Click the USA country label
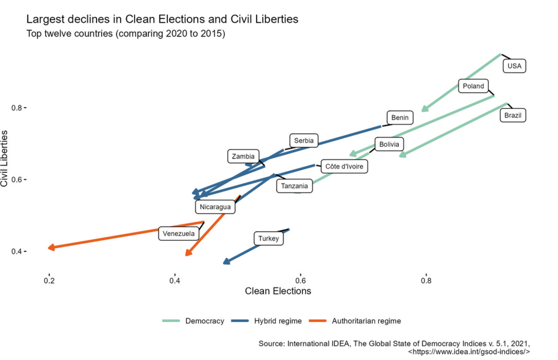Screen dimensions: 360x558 pos(514,66)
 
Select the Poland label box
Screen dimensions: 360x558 pos(474,86)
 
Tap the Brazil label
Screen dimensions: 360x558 pos(513,116)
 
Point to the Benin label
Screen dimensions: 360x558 pos(400,117)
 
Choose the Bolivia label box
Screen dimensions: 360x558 pos(389,145)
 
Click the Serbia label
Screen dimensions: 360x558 pos(304,141)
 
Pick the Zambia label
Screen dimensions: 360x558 pos(243,157)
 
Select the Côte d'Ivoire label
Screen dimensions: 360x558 pos(344,166)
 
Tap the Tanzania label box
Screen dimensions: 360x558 pos(295,186)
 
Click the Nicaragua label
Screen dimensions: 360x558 pos(215,207)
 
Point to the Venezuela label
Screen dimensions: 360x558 pos(179,233)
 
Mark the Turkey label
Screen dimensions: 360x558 pos(268,239)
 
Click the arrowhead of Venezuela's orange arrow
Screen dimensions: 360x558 pos(52,247)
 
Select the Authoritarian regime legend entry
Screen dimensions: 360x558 pos(366,321)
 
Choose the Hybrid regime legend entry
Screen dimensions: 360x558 pos(277,321)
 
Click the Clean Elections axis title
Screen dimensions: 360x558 pos(278,291)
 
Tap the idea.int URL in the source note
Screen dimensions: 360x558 pos(469,352)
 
